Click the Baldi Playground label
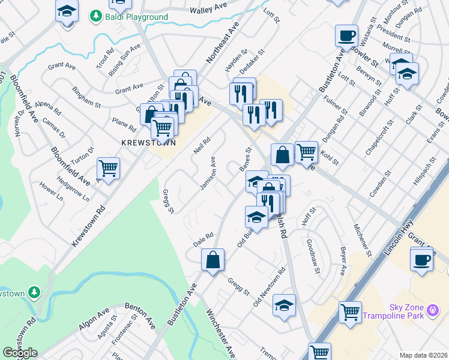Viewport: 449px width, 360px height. (x=134, y=17)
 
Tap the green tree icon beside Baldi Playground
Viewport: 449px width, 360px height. (x=94, y=16)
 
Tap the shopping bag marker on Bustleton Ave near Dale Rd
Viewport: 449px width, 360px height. (x=212, y=260)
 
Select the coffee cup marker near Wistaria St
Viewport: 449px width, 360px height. (x=346, y=35)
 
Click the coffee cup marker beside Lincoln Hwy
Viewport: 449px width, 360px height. (x=421, y=260)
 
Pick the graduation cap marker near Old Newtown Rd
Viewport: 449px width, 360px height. (x=284, y=305)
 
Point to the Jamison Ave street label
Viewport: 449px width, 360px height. (x=208, y=174)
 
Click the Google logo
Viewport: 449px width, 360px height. (x=20, y=353)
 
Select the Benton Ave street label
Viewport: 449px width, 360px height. (x=140, y=316)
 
